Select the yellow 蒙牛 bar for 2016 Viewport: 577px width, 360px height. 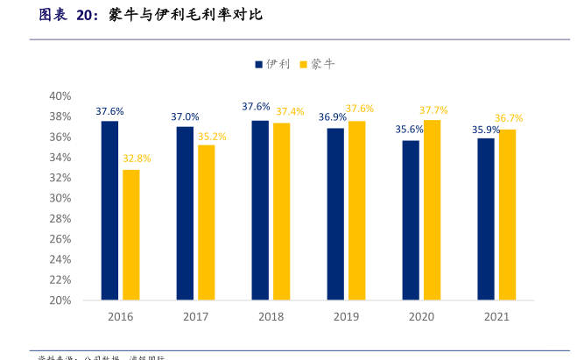[x=130, y=234]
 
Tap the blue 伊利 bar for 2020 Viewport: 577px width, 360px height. [x=411, y=220]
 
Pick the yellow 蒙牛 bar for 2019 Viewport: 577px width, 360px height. [x=356, y=210]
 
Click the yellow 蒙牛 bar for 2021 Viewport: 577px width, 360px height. [x=507, y=215]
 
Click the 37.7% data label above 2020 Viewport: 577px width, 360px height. [x=433, y=109]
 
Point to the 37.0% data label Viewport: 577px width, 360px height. [x=185, y=116]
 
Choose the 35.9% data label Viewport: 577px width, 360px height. [x=486, y=130]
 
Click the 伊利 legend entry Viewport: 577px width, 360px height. [x=272, y=64]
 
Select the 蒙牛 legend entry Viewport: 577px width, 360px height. [x=317, y=64]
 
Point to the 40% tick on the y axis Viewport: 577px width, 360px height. [x=60, y=95]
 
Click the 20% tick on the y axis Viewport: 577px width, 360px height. [x=60, y=300]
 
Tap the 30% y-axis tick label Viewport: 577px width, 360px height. [x=60, y=198]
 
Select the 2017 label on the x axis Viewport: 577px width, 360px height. [x=195, y=317]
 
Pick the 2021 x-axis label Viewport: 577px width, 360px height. [x=496, y=317]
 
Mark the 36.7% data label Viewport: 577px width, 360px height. [x=509, y=118]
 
